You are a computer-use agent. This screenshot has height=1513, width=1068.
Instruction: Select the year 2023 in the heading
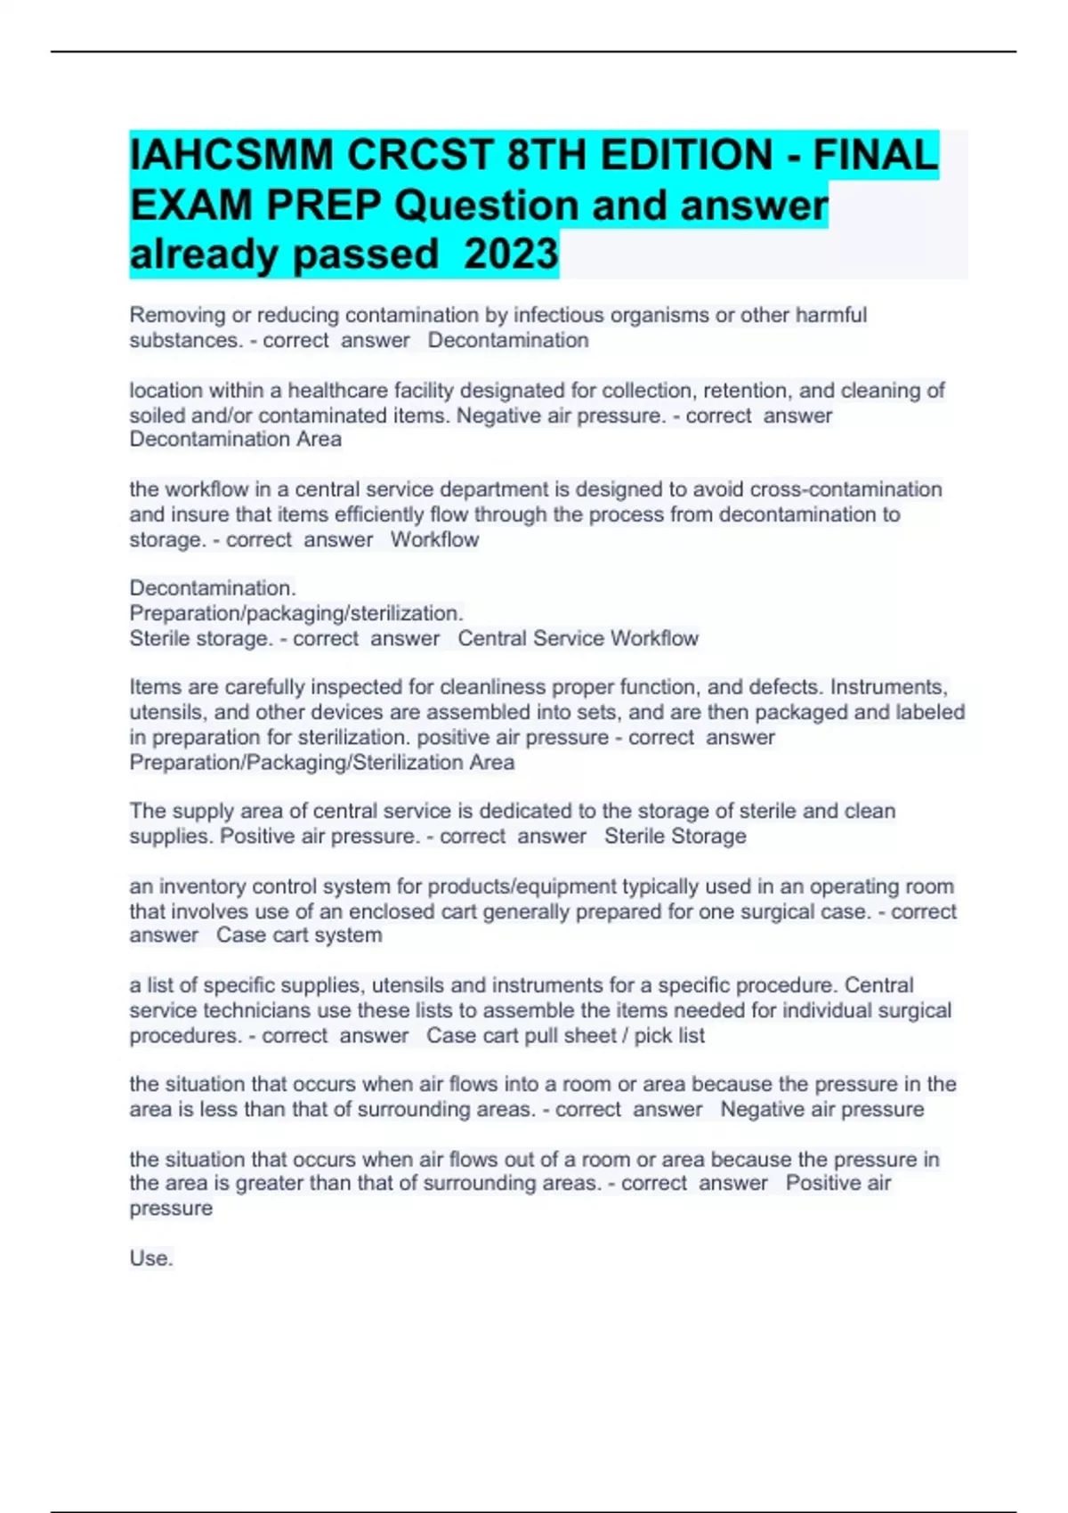tap(511, 255)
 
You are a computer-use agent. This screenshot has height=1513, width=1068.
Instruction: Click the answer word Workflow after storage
tap(434, 539)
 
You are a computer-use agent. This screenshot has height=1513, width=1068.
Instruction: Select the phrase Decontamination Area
tap(236, 439)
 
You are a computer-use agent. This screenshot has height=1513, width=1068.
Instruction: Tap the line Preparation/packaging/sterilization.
tap(296, 613)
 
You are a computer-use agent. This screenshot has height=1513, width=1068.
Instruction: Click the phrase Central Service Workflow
tap(578, 638)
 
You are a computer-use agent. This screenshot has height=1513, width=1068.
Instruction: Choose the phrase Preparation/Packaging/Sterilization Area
tap(322, 762)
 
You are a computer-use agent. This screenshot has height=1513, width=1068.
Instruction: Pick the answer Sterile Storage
tap(675, 836)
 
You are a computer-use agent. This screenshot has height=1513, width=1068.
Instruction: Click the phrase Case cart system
tap(299, 935)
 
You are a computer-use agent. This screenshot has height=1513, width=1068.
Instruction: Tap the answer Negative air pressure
tap(821, 1109)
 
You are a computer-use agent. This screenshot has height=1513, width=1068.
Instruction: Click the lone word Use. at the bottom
tap(151, 1258)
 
